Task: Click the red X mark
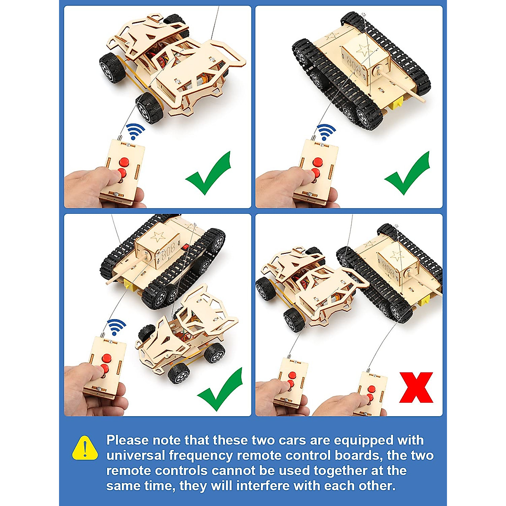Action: pos(416,387)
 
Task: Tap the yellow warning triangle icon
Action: pos(85,448)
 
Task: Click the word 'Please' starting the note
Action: pos(127,440)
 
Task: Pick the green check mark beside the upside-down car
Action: pos(220,389)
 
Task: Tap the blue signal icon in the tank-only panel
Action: pos(326,132)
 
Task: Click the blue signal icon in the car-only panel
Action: pos(136,131)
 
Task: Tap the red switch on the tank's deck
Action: pos(184,246)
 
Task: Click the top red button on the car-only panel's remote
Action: pos(124,162)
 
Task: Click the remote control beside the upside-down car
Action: pos(105,367)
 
